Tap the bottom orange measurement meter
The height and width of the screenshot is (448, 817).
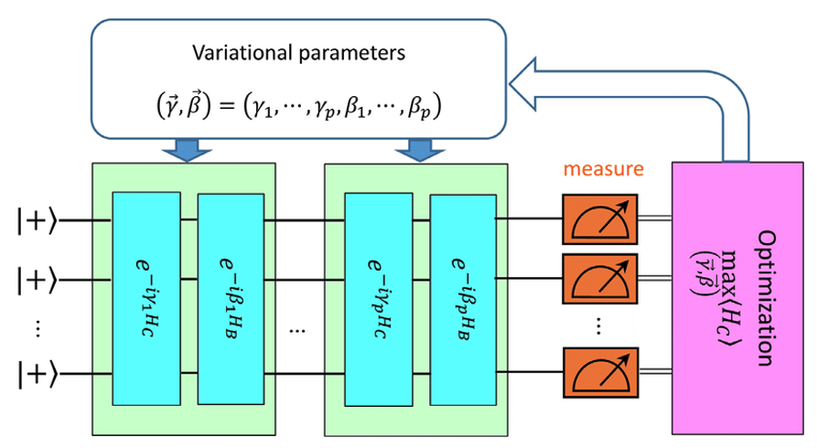pyautogui.click(x=597, y=370)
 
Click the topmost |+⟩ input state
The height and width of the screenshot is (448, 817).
pyautogui.click(x=36, y=219)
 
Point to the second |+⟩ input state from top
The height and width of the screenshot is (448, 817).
pyautogui.click(x=36, y=272)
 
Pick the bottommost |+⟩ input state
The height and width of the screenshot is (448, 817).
pyautogui.click(x=36, y=373)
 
